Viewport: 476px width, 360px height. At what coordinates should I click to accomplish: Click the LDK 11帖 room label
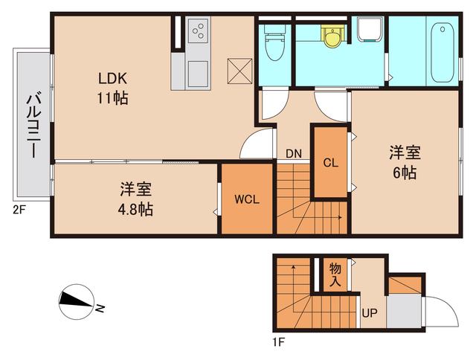pyautogui.click(x=113, y=86)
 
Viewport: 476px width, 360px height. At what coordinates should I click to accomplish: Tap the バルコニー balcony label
pyautogui.click(x=33, y=123)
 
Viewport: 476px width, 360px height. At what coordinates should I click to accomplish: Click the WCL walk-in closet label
pyautogui.click(x=247, y=199)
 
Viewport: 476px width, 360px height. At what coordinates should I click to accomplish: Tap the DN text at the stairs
pyautogui.click(x=293, y=154)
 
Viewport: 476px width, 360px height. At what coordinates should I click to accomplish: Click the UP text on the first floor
pyautogui.click(x=369, y=312)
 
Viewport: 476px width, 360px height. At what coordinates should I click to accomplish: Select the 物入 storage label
pyautogui.click(x=335, y=274)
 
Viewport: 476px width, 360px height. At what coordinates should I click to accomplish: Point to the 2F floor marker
pyautogui.click(x=19, y=209)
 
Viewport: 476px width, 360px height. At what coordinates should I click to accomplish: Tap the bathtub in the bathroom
pyautogui.click(x=443, y=52)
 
